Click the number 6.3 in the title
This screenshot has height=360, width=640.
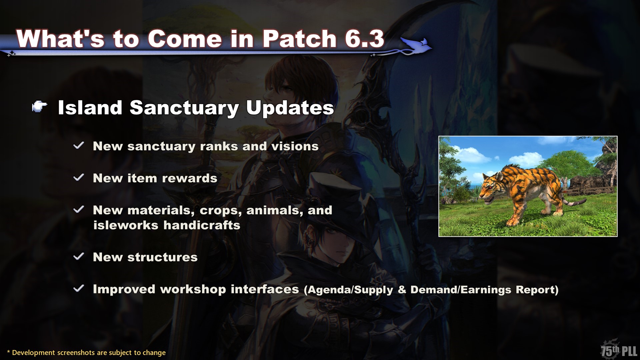pos(365,39)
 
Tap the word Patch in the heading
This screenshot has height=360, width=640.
pos(299,39)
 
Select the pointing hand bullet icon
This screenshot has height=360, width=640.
pos(40,107)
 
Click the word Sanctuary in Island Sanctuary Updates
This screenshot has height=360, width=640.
pos(184,108)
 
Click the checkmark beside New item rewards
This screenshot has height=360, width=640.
pos(79,177)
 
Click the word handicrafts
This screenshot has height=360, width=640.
pos(202,225)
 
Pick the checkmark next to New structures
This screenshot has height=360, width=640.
pos(79,256)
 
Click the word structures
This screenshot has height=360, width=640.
pos(162,257)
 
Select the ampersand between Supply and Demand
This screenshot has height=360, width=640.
pos(402,290)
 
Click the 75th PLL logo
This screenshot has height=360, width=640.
pos(619,350)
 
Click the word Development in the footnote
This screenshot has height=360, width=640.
pos(34,353)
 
